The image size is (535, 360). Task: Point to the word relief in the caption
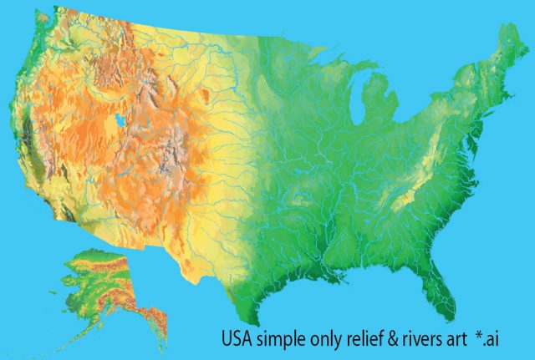pyautogui.click(x=367, y=339)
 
